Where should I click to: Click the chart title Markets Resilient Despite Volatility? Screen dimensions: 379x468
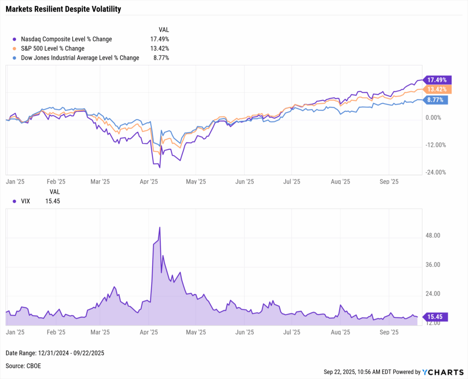(x=64, y=9)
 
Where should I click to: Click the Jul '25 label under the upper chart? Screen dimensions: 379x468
(x=292, y=181)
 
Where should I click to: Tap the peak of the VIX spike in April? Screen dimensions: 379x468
(x=160, y=227)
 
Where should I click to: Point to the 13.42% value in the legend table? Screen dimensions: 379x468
(x=160, y=48)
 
